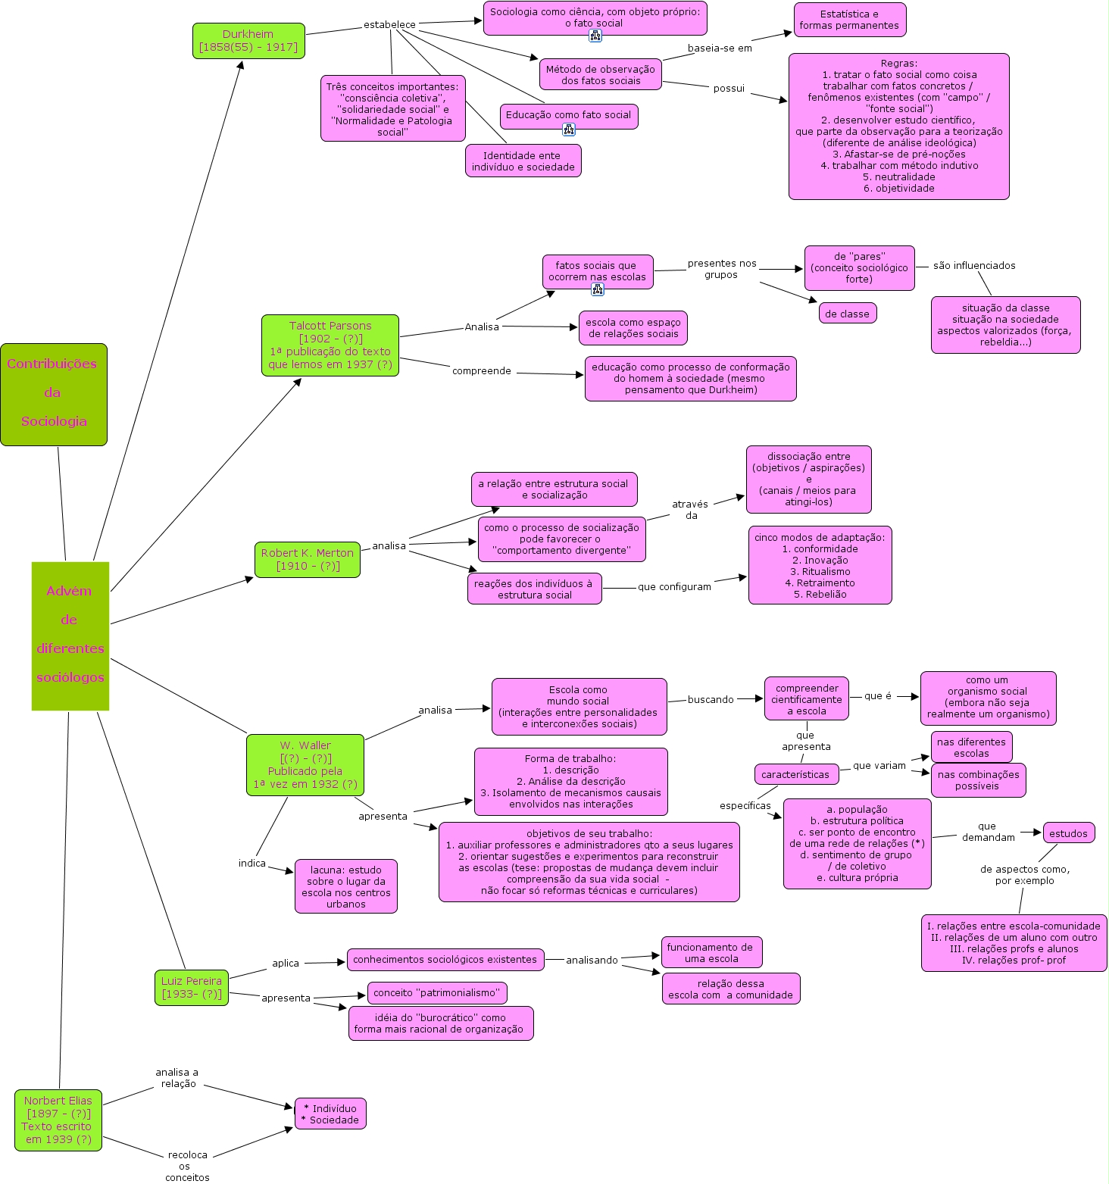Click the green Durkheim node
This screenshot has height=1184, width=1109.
coord(248,41)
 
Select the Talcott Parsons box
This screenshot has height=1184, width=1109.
coord(330,345)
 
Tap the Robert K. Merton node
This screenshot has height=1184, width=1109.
coord(308,560)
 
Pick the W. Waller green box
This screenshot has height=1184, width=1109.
coord(305,765)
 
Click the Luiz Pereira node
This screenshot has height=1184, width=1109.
coord(192,988)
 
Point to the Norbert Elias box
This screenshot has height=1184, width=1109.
coord(58,1120)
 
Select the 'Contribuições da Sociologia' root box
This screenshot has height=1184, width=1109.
coord(54,395)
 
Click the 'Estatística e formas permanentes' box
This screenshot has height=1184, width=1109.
coord(850,20)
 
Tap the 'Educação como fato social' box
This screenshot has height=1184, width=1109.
coord(569,116)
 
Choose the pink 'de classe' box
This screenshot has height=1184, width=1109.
coord(848,314)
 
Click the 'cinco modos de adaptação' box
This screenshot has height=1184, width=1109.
coord(820,565)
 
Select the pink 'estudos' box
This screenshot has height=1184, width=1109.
coord(1069,834)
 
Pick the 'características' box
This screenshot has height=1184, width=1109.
coord(796,775)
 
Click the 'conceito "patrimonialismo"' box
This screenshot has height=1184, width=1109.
coord(437,993)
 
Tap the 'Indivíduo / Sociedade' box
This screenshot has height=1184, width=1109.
coord(330,1114)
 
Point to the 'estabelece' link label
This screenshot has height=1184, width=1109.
coord(389,24)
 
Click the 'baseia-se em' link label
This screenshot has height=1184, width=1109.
coord(720,48)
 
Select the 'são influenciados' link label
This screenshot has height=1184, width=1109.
coord(974,266)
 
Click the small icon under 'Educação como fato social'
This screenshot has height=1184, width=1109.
coord(569,130)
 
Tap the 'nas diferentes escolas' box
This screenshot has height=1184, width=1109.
coord(972,748)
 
